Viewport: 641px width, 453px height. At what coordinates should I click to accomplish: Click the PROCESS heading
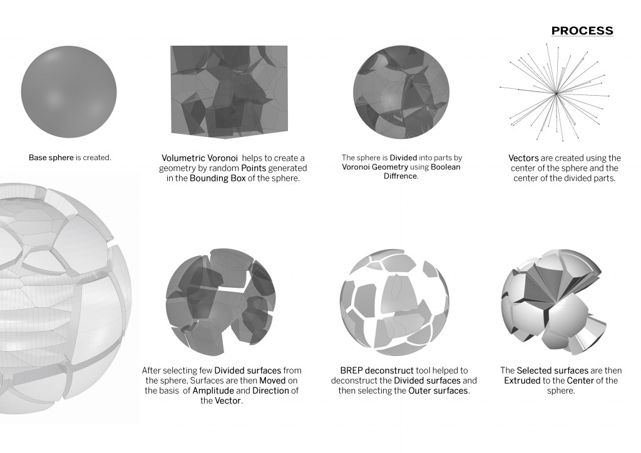click(582, 31)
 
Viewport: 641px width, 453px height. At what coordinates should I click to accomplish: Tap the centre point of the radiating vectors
click(555, 94)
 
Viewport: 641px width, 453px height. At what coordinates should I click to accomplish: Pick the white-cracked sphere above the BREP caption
click(394, 303)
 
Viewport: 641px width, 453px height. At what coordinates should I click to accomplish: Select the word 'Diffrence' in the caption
click(401, 176)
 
